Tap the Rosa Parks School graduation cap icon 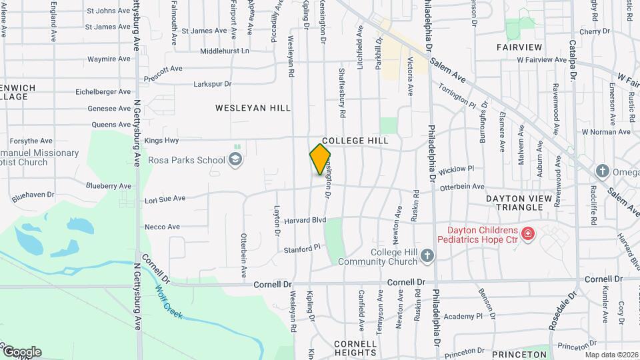pos(235,159)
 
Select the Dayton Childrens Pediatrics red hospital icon pos(527,233)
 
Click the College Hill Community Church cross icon pos(427,255)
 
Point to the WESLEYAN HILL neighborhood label pos(244,107)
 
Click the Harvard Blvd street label pos(305,220)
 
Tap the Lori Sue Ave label pos(165,199)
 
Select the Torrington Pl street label pos(457,99)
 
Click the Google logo pos(22,352)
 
